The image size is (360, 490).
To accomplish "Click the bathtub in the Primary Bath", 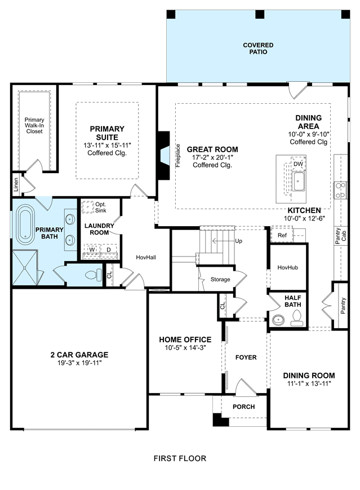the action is coord(25,224).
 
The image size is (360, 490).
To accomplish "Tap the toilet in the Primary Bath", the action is coord(94,275).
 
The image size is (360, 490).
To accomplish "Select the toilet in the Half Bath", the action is coord(296,319).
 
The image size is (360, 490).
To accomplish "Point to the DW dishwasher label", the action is coord(298,164).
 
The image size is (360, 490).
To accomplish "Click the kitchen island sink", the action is coord(299,181).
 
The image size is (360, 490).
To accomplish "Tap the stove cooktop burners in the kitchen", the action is coord(340,191).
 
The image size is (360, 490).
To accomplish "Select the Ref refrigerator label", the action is coord(282,235).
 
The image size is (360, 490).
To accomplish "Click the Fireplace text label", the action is coord(178,156).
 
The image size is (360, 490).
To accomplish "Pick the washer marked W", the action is coord(92,250).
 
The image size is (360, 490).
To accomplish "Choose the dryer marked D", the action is coord(109,250).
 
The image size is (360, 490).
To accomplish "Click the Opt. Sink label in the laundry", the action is coord(100,207).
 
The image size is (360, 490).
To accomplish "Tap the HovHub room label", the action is coord(287,267).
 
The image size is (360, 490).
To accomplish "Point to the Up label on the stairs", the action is coord(238,241).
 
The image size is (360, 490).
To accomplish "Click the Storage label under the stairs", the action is coord(220,279).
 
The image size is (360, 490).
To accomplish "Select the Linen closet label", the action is coord(16,184).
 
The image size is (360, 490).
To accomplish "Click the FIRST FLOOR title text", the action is coord(180,458).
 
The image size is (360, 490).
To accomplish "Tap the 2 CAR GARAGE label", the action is coord(79,355).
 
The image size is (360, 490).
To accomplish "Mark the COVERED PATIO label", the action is coord(258,48).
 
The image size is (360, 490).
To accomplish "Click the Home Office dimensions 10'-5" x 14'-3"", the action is coord(185,347).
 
